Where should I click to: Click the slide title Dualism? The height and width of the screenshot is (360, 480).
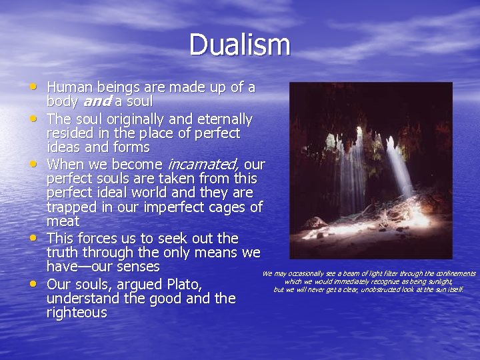point(239,45)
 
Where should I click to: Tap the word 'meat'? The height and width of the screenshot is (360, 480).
point(63,221)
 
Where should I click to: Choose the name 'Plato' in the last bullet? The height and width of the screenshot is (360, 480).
point(181,285)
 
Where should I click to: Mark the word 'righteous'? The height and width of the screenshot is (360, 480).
point(76,313)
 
